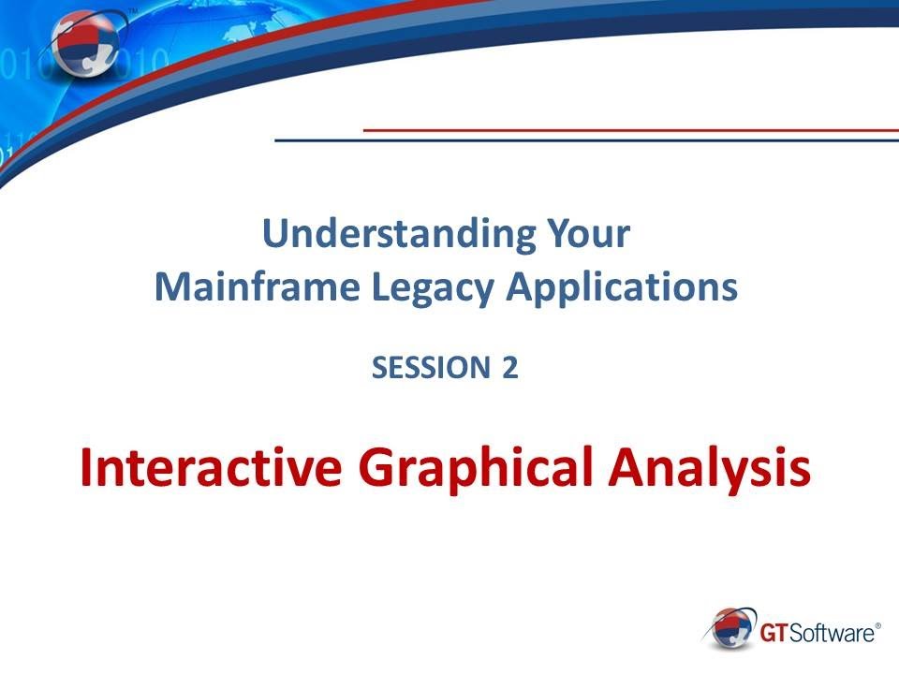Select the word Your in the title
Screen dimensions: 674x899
pyautogui.click(x=589, y=234)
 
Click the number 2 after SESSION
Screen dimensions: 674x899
pyautogui.click(x=508, y=368)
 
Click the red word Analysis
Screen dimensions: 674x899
pyautogui.click(x=711, y=468)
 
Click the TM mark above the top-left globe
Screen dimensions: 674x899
pyautogui.click(x=131, y=9)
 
